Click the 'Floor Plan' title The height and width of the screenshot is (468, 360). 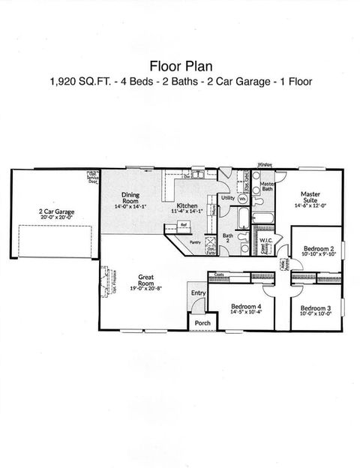click(179, 64)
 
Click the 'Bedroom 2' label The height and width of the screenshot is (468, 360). click(318, 248)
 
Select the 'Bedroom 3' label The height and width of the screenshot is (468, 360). click(315, 308)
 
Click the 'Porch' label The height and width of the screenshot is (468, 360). click(202, 322)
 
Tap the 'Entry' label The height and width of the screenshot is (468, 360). click(198, 292)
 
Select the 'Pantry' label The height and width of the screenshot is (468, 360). click(195, 242)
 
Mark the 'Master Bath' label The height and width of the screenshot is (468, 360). click(266, 187)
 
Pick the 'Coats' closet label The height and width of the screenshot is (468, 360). click(220, 275)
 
